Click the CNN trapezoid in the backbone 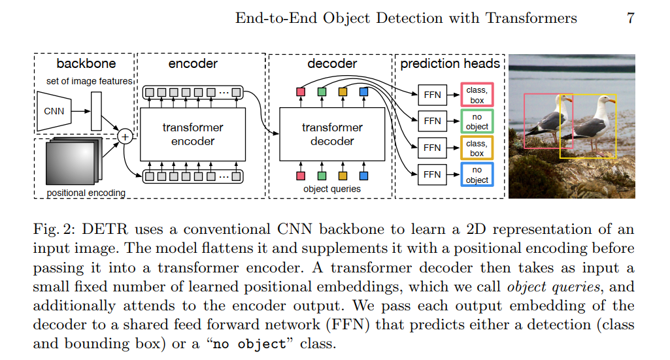tap(54, 111)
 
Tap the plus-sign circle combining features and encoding tap(124, 137)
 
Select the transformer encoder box tap(193, 134)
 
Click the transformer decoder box tap(332, 134)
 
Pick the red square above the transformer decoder tap(301, 92)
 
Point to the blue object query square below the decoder tap(363, 175)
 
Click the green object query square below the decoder tap(322, 175)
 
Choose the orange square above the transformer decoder tap(343, 92)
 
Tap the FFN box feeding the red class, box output tap(432, 95)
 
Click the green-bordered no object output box tap(477, 122)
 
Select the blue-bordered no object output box tap(477, 174)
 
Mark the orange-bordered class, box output tap(477, 148)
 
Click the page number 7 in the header tap(630, 18)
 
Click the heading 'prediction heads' tap(450, 64)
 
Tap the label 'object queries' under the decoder tap(332, 189)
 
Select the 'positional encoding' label tap(86, 193)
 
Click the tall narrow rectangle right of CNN tap(96, 111)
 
